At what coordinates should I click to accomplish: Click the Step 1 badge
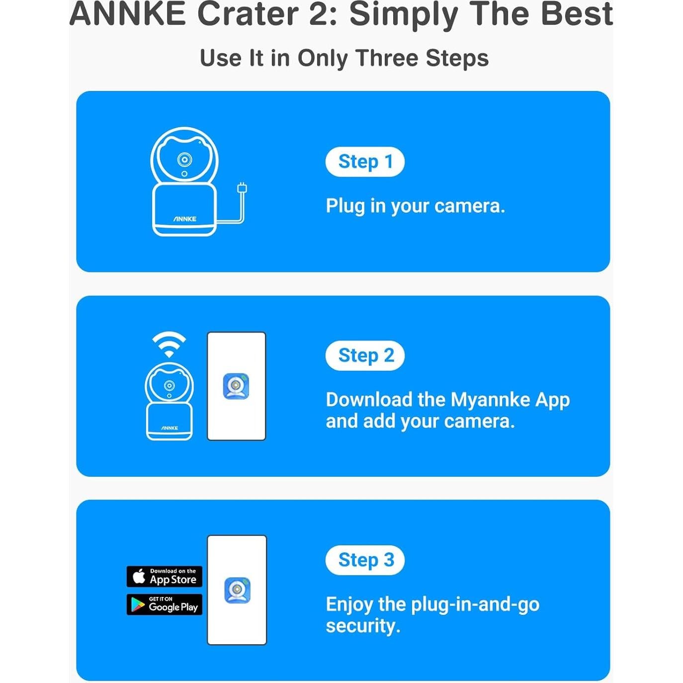[x=365, y=162]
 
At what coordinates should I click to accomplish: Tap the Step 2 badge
[x=365, y=355]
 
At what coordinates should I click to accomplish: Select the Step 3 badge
[x=365, y=560]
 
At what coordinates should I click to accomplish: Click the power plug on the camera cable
[x=242, y=188]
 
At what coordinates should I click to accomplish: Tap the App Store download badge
[x=165, y=576]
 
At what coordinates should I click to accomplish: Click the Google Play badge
[x=165, y=604]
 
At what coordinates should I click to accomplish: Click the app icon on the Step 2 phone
[x=236, y=386]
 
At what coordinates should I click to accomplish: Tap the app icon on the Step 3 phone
[x=237, y=590]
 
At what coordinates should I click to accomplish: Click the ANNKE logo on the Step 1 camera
[x=185, y=219]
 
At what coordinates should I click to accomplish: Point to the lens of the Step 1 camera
[x=184, y=160]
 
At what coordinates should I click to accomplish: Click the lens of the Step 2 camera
[x=169, y=386]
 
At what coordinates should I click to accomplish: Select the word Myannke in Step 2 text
[x=490, y=400]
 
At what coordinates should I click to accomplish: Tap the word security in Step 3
[x=362, y=626]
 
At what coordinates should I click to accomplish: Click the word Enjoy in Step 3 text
[x=349, y=604]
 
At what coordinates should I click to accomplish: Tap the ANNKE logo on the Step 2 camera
[x=170, y=428]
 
